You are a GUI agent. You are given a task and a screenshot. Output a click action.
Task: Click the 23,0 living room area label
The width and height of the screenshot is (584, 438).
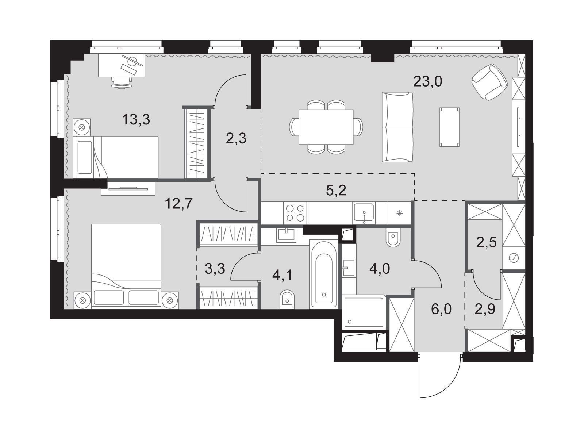[427, 81]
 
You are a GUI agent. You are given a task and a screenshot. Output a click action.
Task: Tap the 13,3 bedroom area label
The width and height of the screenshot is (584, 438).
[136, 119]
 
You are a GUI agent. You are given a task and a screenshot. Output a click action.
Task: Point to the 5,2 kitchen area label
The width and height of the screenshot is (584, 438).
[336, 191]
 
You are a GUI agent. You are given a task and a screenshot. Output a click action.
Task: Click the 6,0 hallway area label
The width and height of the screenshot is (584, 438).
[441, 310]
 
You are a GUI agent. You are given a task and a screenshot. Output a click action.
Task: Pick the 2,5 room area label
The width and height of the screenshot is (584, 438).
[486, 243]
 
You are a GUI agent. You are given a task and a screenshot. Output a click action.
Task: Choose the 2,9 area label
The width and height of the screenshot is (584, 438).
[485, 310]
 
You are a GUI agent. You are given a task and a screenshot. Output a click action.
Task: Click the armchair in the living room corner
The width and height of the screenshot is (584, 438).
[489, 82]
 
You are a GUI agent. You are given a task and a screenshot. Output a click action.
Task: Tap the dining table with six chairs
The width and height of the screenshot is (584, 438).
[326, 127]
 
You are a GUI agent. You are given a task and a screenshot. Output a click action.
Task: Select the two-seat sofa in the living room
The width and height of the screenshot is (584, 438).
[397, 127]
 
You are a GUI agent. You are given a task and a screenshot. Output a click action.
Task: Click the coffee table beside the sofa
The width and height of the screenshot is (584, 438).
[450, 127]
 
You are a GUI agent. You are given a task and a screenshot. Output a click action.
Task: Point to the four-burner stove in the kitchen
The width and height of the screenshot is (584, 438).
[295, 213]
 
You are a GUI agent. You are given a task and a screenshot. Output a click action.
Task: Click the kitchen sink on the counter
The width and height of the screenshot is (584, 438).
[364, 213]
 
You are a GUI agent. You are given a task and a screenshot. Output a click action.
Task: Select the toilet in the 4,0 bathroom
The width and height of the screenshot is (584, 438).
[392, 238]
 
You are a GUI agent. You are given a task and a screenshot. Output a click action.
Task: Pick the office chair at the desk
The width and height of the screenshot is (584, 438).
[121, 82]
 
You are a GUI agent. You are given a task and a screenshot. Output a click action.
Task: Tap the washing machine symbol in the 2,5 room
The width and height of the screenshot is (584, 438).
[514, 258]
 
